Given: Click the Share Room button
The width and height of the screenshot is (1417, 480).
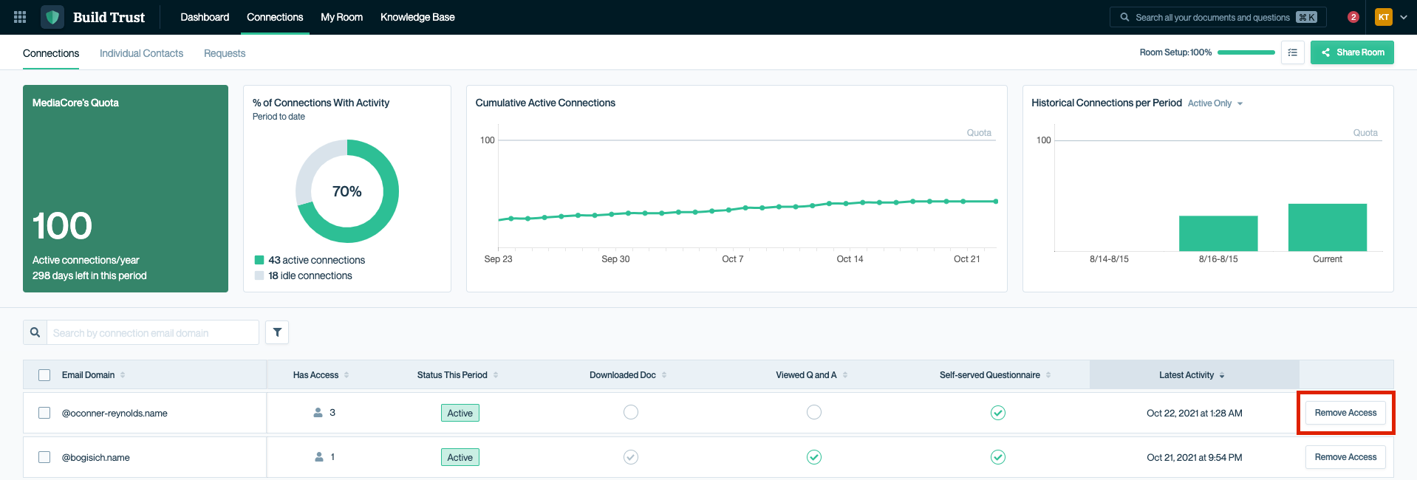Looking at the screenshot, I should [1352, 52].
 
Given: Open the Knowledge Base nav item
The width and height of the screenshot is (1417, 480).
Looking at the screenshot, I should [417, 17].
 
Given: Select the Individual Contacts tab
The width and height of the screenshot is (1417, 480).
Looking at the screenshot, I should [141, 53].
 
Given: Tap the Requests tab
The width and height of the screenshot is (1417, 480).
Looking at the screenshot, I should [225, 53].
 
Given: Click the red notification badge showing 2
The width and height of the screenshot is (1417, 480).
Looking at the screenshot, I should [1353, 17].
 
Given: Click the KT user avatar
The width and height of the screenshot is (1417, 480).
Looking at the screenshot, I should [1383, 17].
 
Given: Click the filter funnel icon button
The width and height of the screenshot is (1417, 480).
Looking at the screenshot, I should [277, 332].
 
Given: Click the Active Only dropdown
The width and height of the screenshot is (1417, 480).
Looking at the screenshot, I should [1215, 103].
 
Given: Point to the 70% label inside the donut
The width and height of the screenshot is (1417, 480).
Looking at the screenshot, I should [346, 191].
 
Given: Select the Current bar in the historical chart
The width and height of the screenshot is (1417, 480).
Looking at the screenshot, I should [1327, 227].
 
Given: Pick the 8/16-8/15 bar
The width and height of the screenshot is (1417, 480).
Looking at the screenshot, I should [1218, 233].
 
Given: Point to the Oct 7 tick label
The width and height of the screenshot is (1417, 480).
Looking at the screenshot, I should [732, 259].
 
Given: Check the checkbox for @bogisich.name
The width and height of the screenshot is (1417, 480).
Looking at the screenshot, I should [44, 457].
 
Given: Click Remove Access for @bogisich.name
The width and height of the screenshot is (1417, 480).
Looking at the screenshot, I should [1345, 457].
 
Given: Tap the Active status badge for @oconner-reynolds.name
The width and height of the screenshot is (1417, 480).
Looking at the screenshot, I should [460, 413].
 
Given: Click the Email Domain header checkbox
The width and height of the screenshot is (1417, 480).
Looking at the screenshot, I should [44, 375].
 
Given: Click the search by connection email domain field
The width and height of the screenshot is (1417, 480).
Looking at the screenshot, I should [152, 333].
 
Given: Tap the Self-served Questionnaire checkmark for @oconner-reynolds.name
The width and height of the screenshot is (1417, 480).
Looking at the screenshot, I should [997, 413].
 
